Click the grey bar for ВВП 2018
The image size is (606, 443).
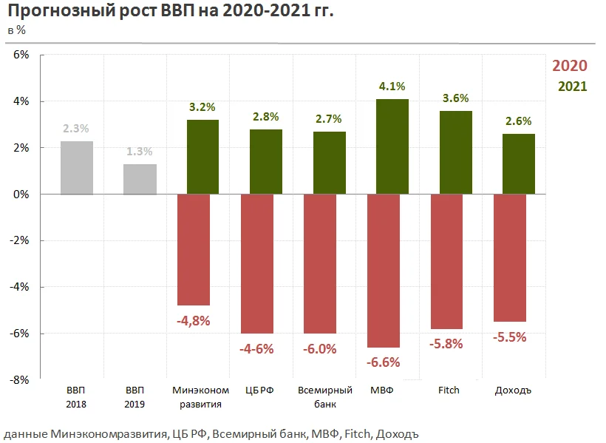pyautogui.click(x=77, y=167)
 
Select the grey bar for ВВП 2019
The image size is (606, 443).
pyautogui.click(x=140, y=179)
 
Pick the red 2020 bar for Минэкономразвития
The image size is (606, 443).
pyautogui.click(x=194, y=249)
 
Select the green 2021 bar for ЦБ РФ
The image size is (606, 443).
pyautogui.click(x=266, y=161)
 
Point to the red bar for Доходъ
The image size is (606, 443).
pyautogui.click(x=509, y=257)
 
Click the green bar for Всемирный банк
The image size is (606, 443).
pyautogui.click(x=330, y=163)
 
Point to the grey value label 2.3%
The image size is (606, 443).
pyautogui.click(x=77, y=129)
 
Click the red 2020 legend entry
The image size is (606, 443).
pyautogui.click(x=569, y=65)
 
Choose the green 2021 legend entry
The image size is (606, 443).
pyautogui.click(x=572, y=86)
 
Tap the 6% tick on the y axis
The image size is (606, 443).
pyautogui.click(x=20, y=55)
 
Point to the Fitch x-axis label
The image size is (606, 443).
pyautogui.click(x=449, y=390)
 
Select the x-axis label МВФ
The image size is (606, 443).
pyautogui.click(x=382, y=390)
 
